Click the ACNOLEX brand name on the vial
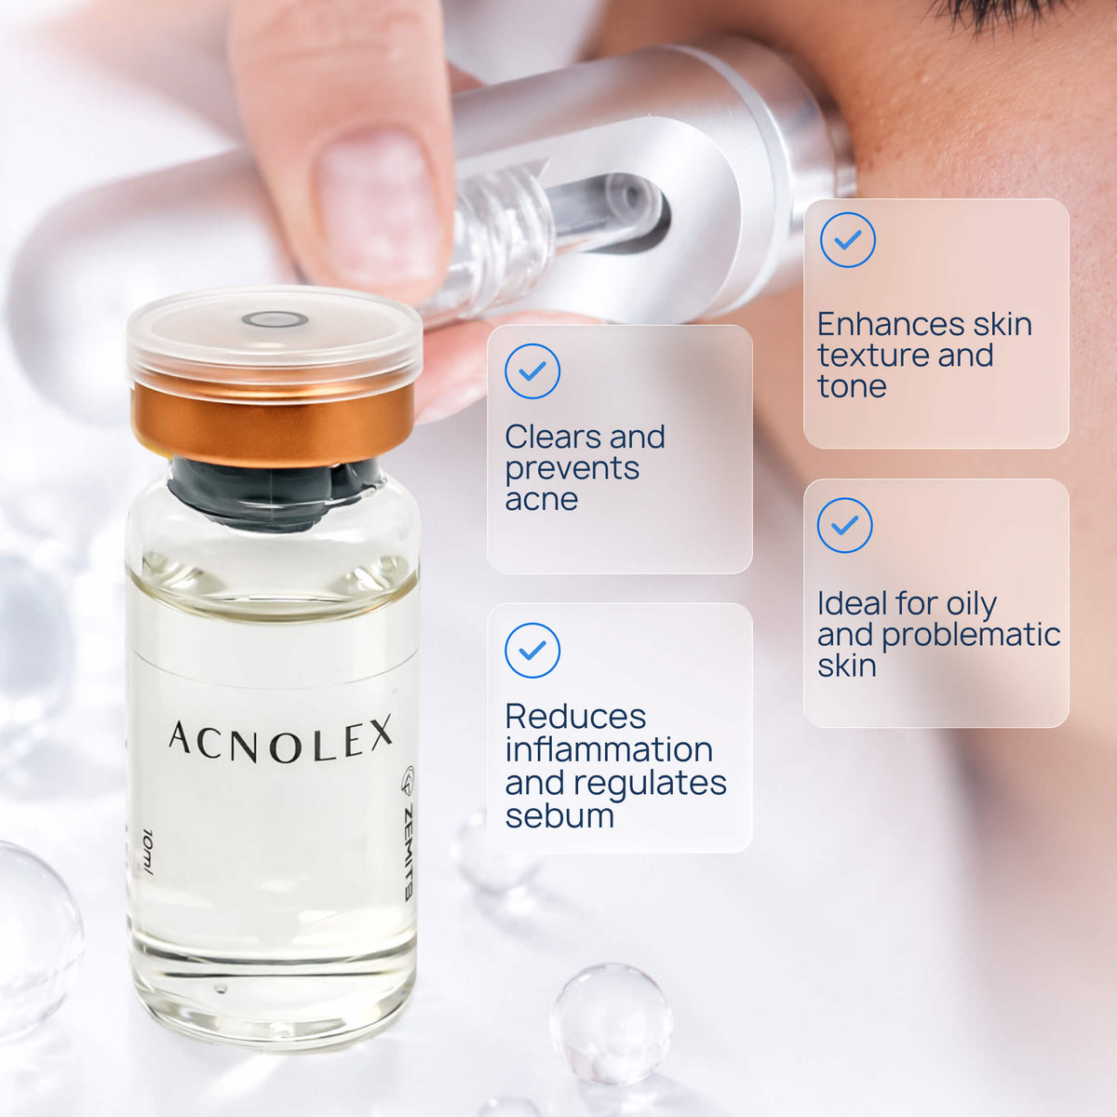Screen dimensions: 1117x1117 click(x=280, y=739)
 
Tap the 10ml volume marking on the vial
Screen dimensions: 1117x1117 click(x=148, y=852)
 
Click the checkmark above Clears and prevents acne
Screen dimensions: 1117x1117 click(x=532, y=371)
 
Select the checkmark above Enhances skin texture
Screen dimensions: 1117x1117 click(x=847, y=239)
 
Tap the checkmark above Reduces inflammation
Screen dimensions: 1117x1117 click(x=532, y=651)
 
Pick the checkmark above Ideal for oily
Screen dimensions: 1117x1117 click(x=844, y=525)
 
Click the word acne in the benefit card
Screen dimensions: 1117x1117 click(x=542, y=500)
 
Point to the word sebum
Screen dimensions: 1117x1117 click(x=559, y=815)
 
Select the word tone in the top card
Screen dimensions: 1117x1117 click(x=852, y=386)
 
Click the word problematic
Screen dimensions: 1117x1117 click(x=971, y=635)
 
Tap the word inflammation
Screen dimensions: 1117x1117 click(x=609, y=749)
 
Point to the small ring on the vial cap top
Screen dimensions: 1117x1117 click(x=275, y=319)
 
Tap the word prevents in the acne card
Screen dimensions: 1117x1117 click(x=572, y=469)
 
